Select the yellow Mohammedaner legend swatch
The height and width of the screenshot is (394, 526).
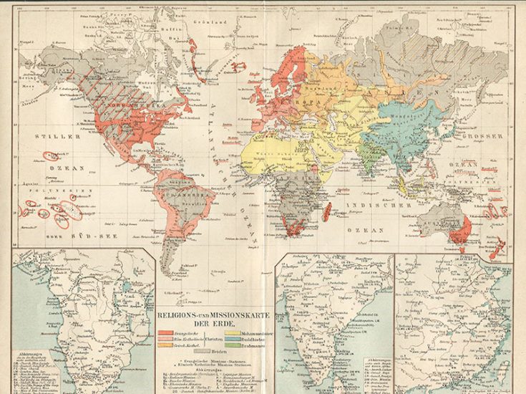coord(233,333)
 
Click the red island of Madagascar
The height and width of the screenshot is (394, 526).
coord(327,211)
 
